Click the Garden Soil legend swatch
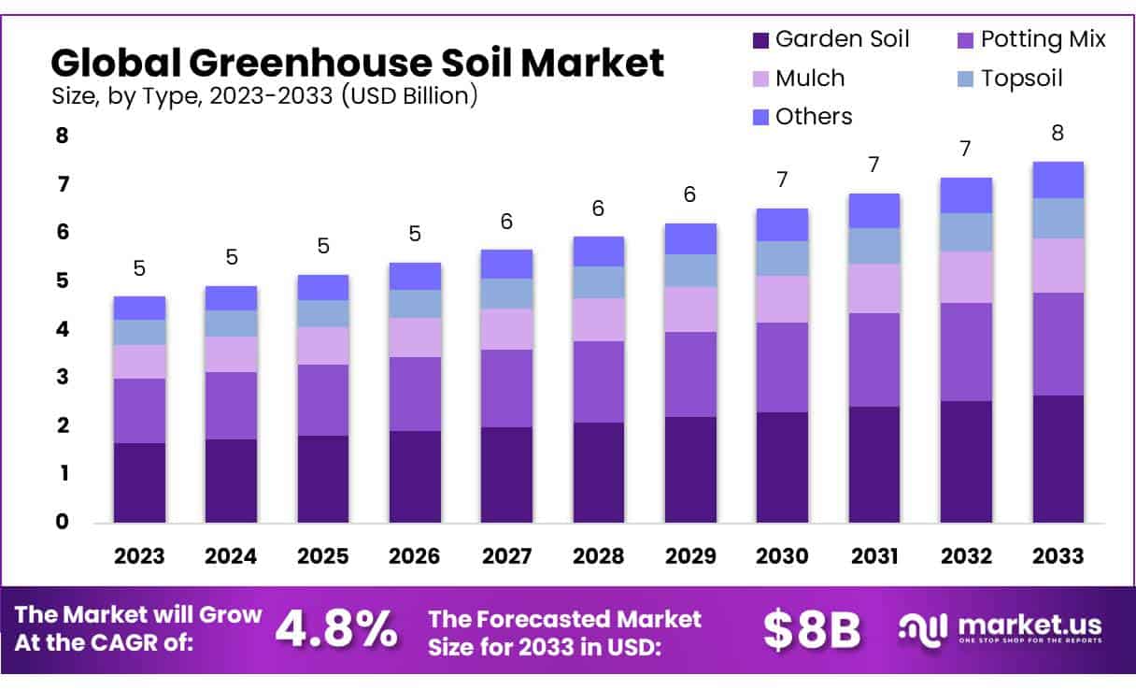pos(760,40)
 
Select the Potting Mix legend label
pos(1044,39)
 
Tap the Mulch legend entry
pos(799,79)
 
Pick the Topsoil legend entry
pos(1010,79)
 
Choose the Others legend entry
pos(802,117)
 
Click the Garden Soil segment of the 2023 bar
pos(139,482)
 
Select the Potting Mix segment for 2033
pos(1058,344)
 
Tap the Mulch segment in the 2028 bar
pos(599,320)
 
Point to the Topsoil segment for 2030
pos(782,258)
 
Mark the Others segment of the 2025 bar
pos(323,288)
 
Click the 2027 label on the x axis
pos(506,556)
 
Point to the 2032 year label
pos(966,556)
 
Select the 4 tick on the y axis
pos(63,329)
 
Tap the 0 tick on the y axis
pos(63,522)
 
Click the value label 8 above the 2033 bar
pos(1058,133)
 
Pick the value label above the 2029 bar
pos(689,194)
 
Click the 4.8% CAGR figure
pos(336,629)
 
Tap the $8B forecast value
pos(812,630)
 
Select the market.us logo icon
pos(922,630)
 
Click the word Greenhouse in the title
pos(311,63)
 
